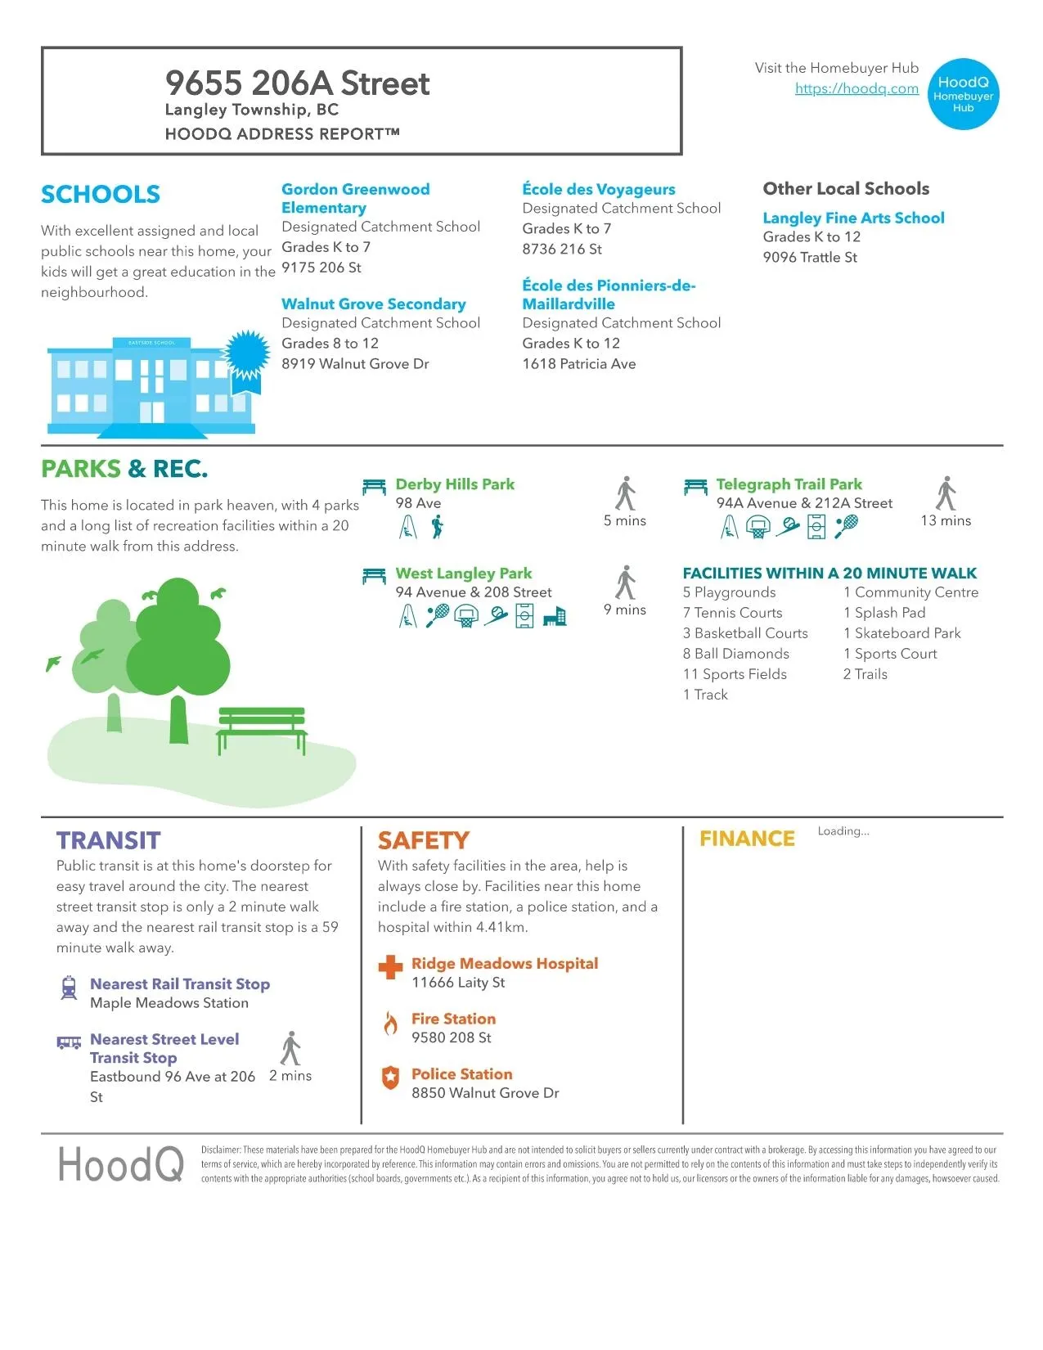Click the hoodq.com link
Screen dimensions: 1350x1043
pos(856,88)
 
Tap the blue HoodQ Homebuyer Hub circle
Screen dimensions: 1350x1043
pos(963,94)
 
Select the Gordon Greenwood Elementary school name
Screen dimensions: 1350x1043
pos(355,198)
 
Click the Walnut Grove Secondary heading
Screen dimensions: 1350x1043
pos(373,304)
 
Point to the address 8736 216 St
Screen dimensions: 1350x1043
pos(562,249)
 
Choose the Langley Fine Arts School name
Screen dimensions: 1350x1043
pos(853,218)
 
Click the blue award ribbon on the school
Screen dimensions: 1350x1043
pos(247,355)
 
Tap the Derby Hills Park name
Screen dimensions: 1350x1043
pos(455,484)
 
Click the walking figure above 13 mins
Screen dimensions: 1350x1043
pos(946,493)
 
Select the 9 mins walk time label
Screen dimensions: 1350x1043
pos(625,610)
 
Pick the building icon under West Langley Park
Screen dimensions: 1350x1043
pos(555,616)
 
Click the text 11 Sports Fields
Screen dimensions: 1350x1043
pos(735,674)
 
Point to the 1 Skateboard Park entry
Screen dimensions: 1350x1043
pos(901,633)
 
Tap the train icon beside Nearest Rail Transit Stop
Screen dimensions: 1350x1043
pos(70,988)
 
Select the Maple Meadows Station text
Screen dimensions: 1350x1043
pos(169,1003)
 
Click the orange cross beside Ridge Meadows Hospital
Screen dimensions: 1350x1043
pos(391,967)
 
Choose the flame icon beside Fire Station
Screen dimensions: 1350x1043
pos(391,1023)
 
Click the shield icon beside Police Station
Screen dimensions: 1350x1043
pos(391,1078)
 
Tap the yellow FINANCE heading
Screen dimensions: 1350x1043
pos(747,839)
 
